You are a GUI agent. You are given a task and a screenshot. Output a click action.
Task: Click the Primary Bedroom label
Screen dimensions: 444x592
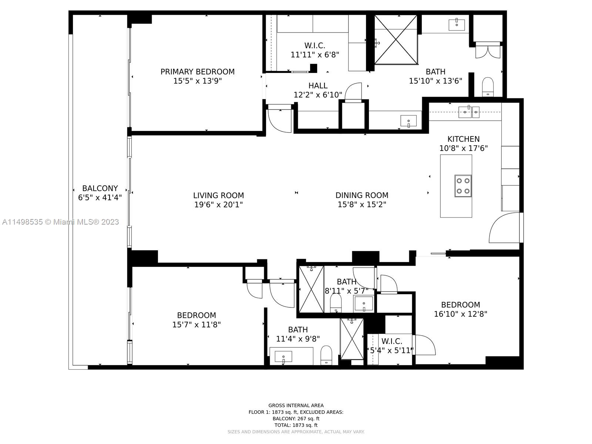click(x=197, y=72)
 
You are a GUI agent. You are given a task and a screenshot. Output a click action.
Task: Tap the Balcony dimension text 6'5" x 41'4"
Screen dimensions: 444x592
click(x=100, y=198)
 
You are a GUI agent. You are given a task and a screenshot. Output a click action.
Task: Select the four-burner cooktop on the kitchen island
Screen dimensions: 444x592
click(x=463, y=186)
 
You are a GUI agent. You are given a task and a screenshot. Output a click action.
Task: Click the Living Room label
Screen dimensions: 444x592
click(x=218, y=195)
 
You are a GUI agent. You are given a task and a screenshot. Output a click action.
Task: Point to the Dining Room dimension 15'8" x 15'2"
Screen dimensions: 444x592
click(x=361, y=204)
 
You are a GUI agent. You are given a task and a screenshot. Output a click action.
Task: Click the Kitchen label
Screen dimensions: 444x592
click(x=463, y=139)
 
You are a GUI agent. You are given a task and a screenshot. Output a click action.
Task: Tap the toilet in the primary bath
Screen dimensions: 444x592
click(x=488, y=87)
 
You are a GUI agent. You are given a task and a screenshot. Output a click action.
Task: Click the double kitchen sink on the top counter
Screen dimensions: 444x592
click(x=469, y=111)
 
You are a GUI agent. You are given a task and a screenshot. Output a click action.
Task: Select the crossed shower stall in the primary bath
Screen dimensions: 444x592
click(x=396, y=40)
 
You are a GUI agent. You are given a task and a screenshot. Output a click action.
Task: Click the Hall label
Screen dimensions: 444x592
click(x=318, y=86)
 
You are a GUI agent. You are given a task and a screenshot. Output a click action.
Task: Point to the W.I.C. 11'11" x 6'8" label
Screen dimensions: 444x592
click(x=315, y=50)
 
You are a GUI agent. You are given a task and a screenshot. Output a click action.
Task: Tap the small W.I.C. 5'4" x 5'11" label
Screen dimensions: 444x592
click(x=391, y=346)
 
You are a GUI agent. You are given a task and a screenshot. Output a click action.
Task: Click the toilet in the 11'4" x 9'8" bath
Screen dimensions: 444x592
click(x=326, y=355)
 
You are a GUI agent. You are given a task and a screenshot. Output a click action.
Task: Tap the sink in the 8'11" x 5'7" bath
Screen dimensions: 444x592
click(x=363, y=304)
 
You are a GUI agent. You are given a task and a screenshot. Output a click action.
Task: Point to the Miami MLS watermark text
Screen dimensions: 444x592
click(x=61, y=222)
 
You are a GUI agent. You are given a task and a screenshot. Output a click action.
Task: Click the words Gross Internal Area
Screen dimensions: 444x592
click(x=296, y=406)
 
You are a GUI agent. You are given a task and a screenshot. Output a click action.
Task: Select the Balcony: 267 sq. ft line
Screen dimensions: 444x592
click(x=296, y=419)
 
